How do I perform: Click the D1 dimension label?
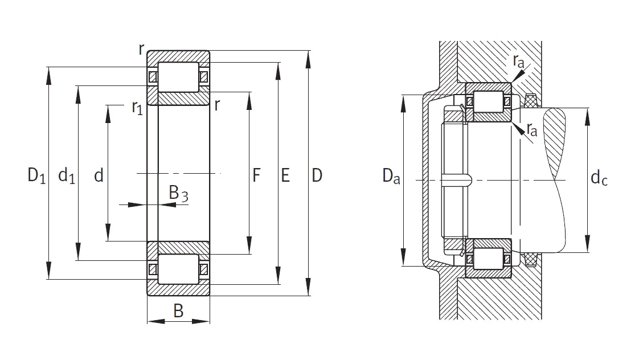click(x=36, y=175)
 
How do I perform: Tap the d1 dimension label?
click(x=67, y=175)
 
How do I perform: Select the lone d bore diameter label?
click(x=99, y=175)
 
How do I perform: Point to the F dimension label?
click(x=256, y=175)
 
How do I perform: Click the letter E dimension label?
click(x=285, y=175)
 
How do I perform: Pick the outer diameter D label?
click(x=317, y=175)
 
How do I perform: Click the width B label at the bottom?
click(x=178, y=311)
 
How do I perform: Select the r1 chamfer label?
click(x=137, y=108)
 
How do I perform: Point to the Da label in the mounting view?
click(x=391, y=176)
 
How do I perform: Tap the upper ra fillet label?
click(x=519, y=61)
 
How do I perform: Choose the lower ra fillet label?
click(x=532, y=129)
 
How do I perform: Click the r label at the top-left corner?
click(x=141, y=49)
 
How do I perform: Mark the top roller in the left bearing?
click(x=178, y=77)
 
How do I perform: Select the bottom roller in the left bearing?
click(x=178, y=269)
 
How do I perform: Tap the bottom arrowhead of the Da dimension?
click(x=404, y=257)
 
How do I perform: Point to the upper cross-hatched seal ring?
click(x=531, y=100)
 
